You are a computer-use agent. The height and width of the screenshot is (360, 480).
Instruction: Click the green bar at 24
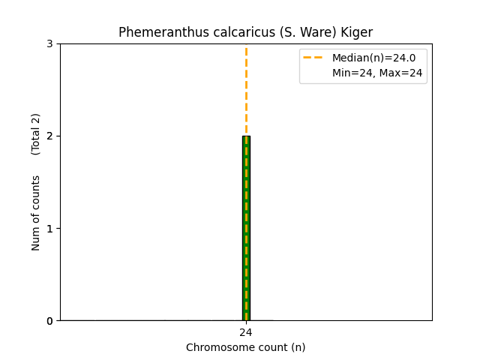[246, 228]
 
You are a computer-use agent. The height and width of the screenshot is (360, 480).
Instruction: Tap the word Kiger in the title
[357, 32]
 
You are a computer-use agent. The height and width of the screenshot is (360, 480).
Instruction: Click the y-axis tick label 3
[49, 43]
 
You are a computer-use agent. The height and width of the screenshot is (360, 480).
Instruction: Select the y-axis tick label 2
[49, 136]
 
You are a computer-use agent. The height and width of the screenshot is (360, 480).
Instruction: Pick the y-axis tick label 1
[49, 228]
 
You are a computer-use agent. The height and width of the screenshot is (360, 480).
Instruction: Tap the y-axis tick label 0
[49, 320]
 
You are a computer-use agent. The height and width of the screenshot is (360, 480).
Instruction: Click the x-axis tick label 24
[246, 332]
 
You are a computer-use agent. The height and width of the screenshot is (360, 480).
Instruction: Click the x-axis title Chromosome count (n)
[246, 347]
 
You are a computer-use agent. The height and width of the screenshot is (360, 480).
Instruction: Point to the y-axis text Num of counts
[36, 213]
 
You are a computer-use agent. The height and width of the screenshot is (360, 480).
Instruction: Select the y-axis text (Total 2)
[36, 134]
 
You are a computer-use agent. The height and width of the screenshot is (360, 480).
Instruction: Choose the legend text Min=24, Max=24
[377, 73]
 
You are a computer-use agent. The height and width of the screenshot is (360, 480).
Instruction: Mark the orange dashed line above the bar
[246, 90]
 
